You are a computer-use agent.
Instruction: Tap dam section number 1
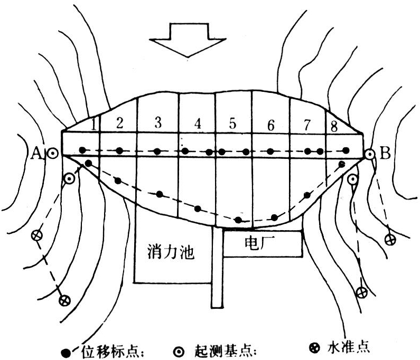pos(93,125)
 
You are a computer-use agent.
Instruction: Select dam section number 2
pos(119,124)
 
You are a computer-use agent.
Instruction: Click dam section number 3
pos(157,124)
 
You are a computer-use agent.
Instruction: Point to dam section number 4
pos(198,124)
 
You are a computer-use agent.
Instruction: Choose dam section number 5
pos(232,124)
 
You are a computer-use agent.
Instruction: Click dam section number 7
pos(307,125)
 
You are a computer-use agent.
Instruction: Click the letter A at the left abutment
pos(37,153)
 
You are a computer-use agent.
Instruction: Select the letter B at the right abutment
pos(385,154)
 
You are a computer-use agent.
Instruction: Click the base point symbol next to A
pos(52,154)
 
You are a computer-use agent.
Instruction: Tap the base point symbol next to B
pos(370,154)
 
